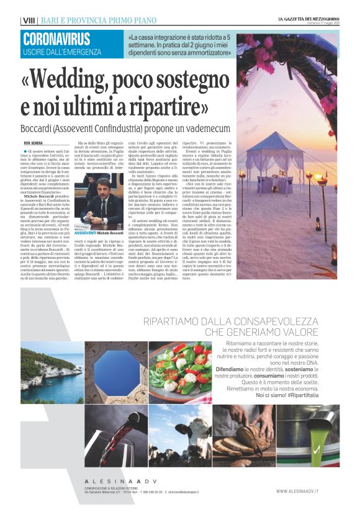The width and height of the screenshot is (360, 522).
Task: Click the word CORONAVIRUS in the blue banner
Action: [x=56, y=39]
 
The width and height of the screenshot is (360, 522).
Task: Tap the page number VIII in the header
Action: [x=29, y=20]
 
